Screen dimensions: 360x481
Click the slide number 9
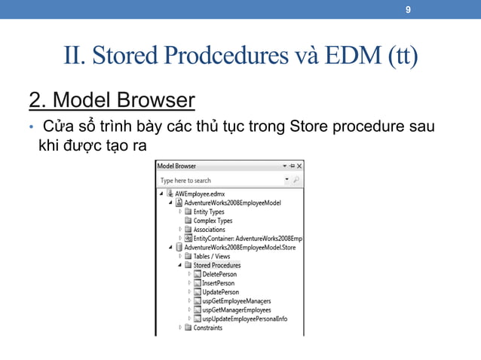click(x=408, y=11)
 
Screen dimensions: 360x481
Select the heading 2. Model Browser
click(x=112, y=99)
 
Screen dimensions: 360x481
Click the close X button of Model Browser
click(x=299, y=166)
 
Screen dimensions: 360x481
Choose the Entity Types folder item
click(x=209, y=212)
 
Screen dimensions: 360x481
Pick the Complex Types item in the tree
click(x=213, y=221)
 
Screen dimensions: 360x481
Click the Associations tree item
click(x=209, y=230)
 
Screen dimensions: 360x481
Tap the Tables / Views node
click(x=211, y=256)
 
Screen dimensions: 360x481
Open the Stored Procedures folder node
click(x=216, y=265)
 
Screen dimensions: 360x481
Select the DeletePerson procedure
click(x=219, y=274)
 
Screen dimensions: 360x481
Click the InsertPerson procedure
click(x=218, y=283)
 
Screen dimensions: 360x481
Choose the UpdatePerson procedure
click(x=220, y=292)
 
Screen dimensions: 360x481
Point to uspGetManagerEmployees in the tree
click(x=237, y=310)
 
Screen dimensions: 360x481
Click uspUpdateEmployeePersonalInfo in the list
click(x=244, y=319)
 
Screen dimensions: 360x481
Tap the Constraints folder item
click(x=207, y=328)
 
